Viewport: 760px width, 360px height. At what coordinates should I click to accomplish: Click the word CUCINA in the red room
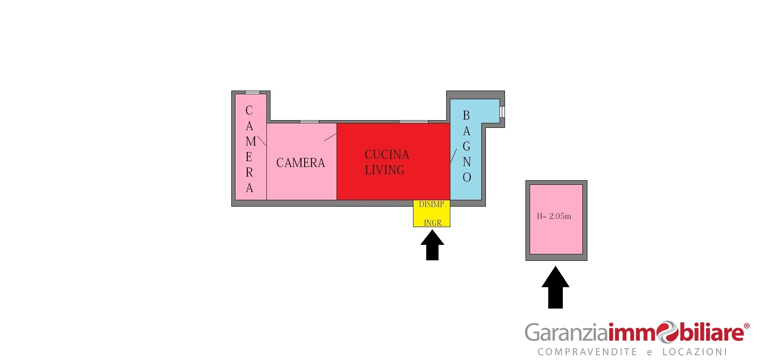tap(387, 155)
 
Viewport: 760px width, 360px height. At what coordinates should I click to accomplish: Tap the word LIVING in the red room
tap(384, 170)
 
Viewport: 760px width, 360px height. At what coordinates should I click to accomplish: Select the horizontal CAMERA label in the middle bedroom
tap(301, 163)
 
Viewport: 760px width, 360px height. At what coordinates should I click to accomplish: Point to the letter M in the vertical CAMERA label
tap(251, 142)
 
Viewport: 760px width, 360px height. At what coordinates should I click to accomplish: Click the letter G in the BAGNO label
tap(466, 147)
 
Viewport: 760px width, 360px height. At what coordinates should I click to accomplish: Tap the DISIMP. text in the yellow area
tap(432, 204)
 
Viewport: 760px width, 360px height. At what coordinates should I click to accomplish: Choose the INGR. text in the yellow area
tap(434, 223)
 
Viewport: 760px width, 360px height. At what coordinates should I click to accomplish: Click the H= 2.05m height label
tap(554, 216)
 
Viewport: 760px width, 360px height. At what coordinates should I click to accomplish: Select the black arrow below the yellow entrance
tap(432, 245)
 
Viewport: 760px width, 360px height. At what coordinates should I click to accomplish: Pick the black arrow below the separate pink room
tap(556, 288)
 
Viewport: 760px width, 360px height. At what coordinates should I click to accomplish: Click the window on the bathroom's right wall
tap(502, 112)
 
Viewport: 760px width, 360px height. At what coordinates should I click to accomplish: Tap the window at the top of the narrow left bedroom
tap(252, 92)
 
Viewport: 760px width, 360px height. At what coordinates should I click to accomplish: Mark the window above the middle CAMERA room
tap(309, 122)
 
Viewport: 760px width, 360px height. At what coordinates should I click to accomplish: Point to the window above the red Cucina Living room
tap(413, 122)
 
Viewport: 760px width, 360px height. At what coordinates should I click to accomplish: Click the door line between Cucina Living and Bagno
tap(454, 156)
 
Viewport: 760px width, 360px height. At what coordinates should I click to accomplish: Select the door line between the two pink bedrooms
tap(261, 141)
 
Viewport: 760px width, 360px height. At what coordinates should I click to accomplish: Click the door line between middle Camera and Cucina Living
tap(331, 137)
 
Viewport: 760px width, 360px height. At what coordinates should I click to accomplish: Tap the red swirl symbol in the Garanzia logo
tap(667, 332)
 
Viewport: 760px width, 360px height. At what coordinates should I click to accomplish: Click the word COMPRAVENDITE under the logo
tap(587, 352)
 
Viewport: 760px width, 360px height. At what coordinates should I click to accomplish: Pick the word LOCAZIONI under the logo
tap(694, 352)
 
